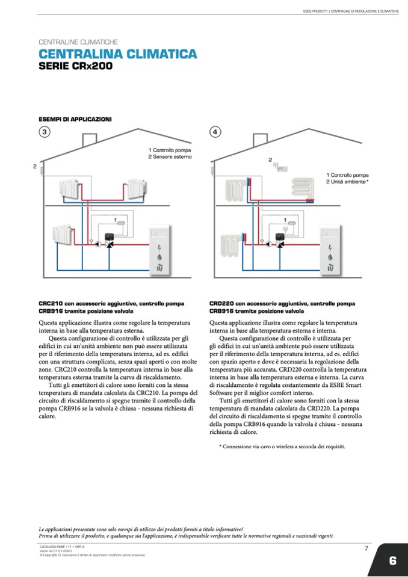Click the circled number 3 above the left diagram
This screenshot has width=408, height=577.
tap(44, 132)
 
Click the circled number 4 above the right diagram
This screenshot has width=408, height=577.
tap(215, 132)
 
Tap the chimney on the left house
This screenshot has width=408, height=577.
tap(90, 140)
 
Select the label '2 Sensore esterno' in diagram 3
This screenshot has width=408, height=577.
tap(170, 156)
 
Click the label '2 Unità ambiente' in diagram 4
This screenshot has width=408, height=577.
tap(347, 181)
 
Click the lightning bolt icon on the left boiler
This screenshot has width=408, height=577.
tap(160, 248)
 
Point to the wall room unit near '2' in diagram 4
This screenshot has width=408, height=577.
tap(281, 169)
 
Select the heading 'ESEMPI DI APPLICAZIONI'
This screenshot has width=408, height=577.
tap(75, 119)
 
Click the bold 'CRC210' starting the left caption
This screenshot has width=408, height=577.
tap(51, 303)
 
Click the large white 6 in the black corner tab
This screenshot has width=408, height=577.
tap(392, 561)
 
